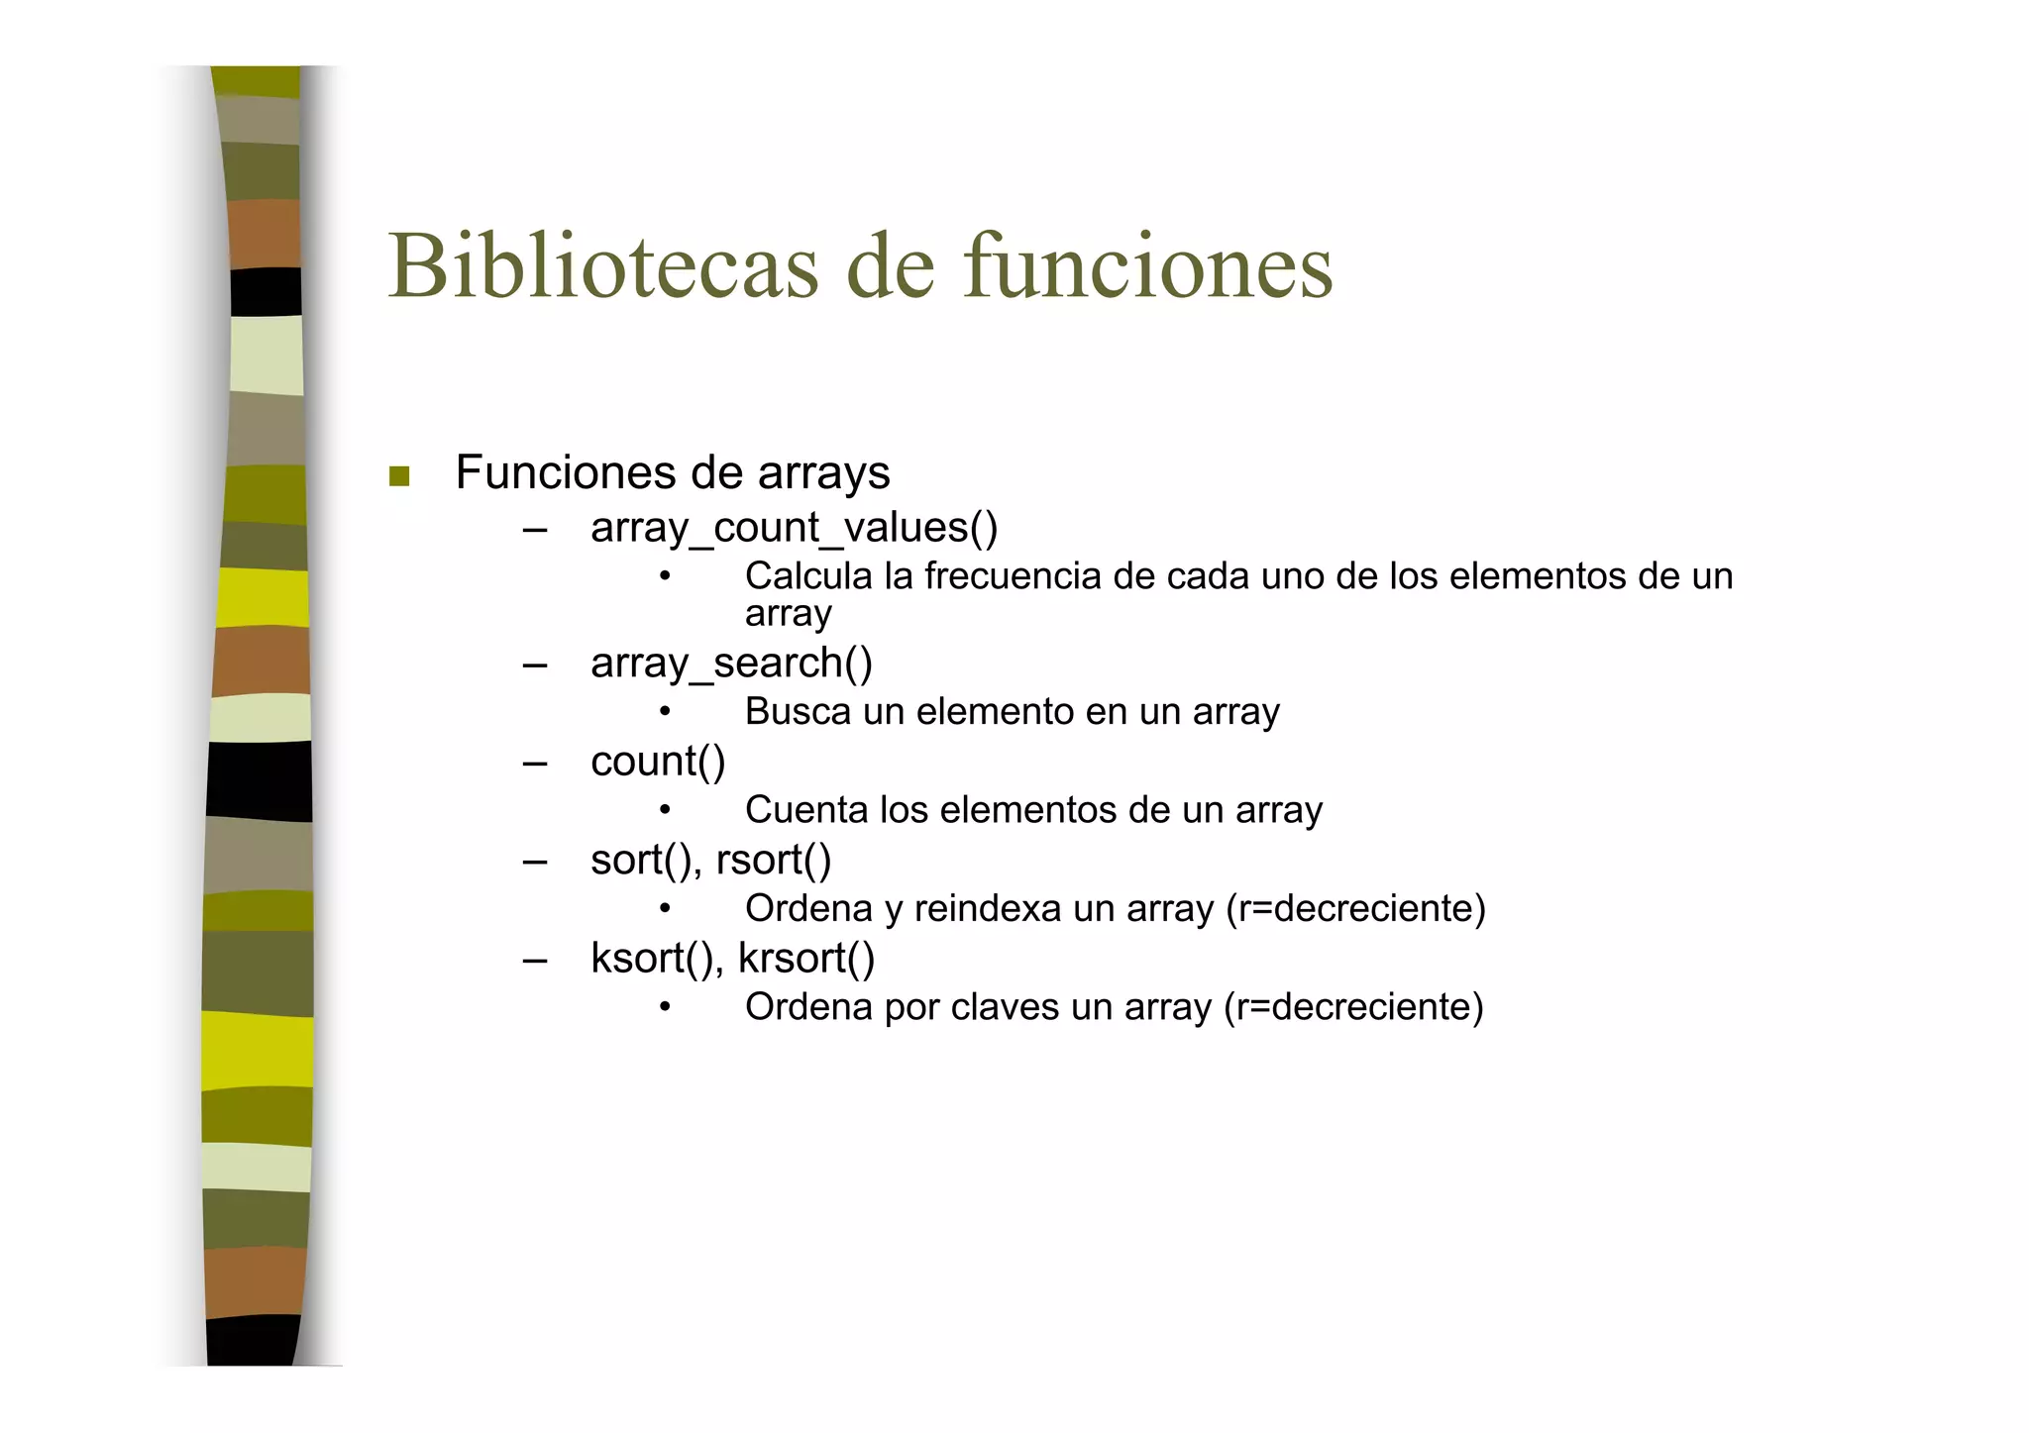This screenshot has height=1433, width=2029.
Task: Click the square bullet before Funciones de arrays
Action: point(399,476)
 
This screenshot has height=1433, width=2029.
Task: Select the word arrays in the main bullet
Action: point(823,473)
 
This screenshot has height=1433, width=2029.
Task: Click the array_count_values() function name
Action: point(794,528)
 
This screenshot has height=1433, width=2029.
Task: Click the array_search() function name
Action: point(731,663)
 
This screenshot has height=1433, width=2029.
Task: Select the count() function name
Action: point(658,762)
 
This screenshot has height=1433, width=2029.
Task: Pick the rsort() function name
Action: point(773,860)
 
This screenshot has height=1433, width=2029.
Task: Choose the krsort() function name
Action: point(806,958)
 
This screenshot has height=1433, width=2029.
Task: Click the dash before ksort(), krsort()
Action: point(535,960)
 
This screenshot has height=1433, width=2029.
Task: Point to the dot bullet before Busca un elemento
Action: point(665,712)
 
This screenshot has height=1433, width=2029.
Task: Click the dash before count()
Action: point(535,764)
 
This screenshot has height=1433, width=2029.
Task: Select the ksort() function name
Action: point(653,958)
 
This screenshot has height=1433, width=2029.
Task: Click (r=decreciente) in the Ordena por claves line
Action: point(1353,1006)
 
